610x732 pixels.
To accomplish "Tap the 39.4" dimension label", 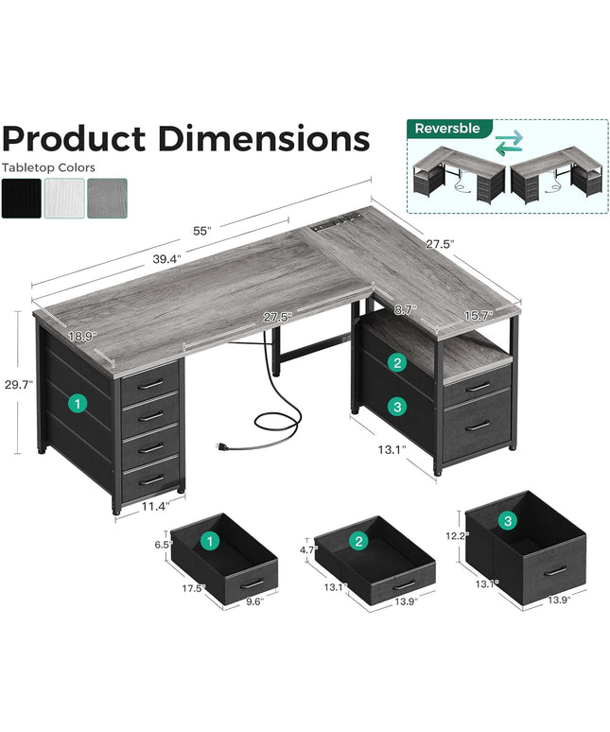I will click(x=165, y=256).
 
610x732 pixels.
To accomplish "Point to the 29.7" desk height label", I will click(x=18, y=385).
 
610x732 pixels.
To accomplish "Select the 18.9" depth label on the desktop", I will click(x=81, y=336).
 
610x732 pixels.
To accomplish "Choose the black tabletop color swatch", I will click(x=21, y=199).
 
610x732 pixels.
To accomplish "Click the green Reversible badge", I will click(x=448, y=128).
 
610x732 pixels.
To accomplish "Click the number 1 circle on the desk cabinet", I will click(x=77, y=403).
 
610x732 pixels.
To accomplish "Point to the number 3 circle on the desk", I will click(x=399, y=406).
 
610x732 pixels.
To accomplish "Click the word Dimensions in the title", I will click(x=263, y=138).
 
